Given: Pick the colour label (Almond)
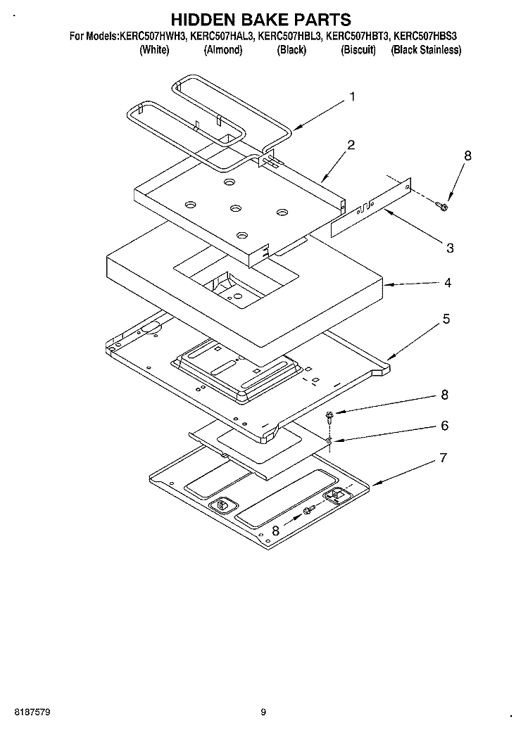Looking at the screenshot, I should (222, 50).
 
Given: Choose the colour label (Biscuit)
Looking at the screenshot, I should (358, 50).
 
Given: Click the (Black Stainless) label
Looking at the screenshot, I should (426, 50).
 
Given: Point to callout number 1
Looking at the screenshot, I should (352, 98).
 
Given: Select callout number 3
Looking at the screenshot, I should (450, 248).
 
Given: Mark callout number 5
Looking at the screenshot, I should (446, 319).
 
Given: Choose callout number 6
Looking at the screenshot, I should (444, 426).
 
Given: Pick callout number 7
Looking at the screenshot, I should (443, 458).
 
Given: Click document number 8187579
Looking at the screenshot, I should (32, 712).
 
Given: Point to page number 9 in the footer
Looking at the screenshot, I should (263, 712).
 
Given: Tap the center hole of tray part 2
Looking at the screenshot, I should (234, 208).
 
